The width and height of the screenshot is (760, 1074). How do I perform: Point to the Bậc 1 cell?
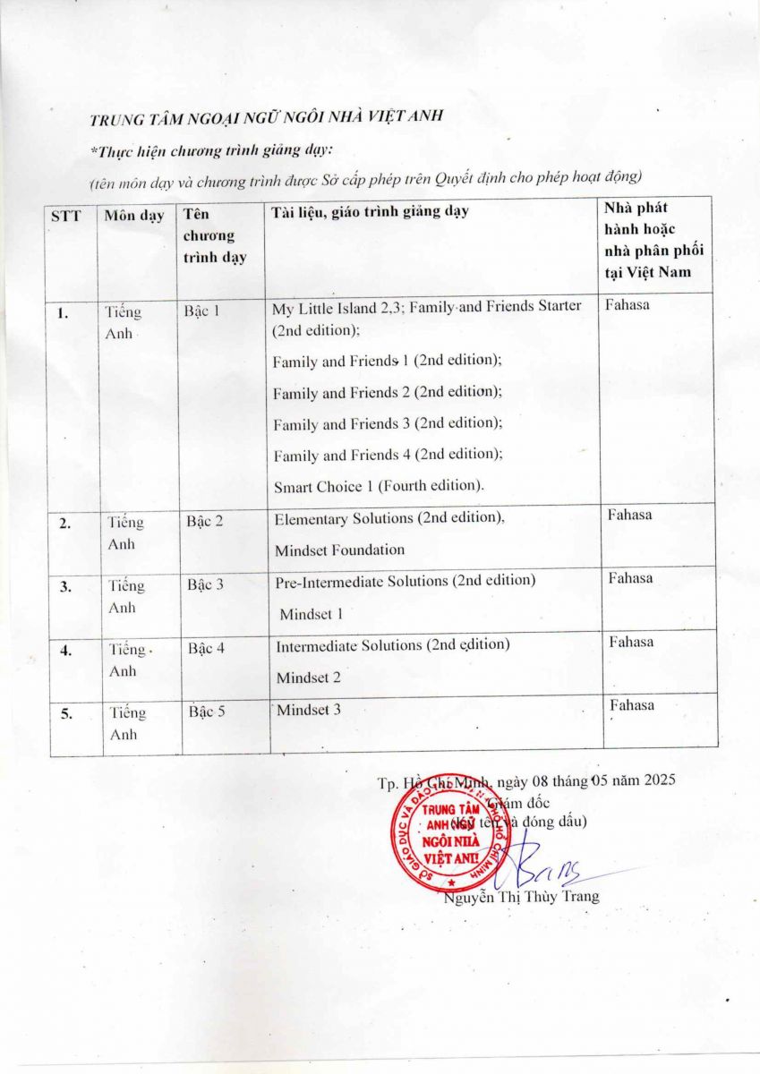click(x=201, y=311)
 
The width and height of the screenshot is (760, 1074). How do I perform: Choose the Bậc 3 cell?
click(x=205, y=585)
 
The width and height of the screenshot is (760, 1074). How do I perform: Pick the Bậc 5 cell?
click(x=208, y=712)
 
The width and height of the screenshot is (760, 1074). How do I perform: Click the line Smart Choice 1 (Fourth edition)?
click(x=379, y=487)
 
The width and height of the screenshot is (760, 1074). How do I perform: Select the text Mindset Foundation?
click(x=339, y=550)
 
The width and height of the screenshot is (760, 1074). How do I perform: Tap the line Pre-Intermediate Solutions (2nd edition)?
click(x=406, y=581)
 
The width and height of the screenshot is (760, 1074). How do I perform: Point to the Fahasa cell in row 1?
click(x=628, y=305)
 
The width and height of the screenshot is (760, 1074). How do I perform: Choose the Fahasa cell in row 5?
click(x=631, y=705)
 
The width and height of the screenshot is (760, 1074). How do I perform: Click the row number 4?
click(x=66, y=651)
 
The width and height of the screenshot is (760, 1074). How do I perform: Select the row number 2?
click(x=65, y=524)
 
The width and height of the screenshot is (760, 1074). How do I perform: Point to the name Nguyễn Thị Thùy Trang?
click(x=522, y=897)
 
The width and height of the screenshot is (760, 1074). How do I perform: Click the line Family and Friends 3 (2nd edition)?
click(x=388, y=423)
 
